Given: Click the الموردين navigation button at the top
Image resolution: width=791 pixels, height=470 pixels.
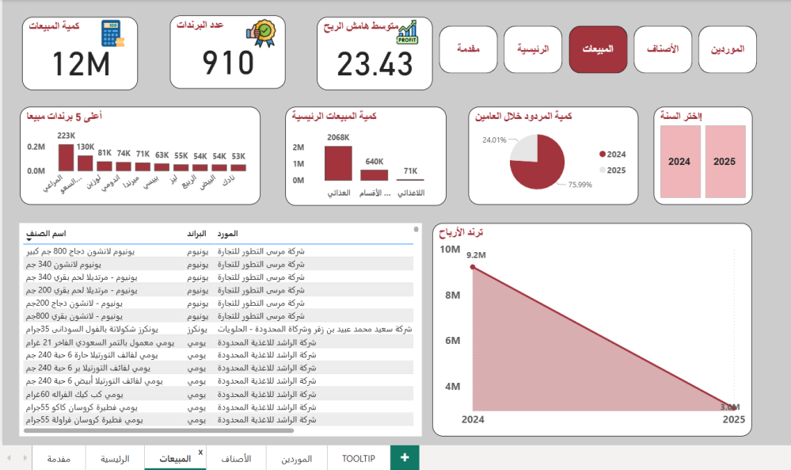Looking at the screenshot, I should pos(727,50).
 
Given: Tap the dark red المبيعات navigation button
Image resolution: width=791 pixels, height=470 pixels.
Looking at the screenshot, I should pos(598,50).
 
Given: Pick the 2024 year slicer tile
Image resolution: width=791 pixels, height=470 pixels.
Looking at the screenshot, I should pos(679,162).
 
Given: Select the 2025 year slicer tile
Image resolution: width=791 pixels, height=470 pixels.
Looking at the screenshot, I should pos(724,162).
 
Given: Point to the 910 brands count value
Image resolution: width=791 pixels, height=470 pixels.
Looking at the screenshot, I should pos(228,63).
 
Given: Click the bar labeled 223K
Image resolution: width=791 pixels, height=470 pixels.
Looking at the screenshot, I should pos(66,158).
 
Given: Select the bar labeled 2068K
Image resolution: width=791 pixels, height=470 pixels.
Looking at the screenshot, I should pos(338,163).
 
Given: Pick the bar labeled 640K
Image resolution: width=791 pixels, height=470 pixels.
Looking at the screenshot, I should pos(375,175).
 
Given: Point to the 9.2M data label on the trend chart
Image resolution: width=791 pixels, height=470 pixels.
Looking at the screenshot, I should pos(475,255).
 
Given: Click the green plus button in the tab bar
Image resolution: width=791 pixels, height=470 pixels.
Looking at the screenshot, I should pos(405,457).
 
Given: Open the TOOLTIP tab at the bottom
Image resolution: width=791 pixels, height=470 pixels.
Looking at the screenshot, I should pos(358,459).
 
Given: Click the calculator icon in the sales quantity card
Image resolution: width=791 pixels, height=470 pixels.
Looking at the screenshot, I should pos(111,34).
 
